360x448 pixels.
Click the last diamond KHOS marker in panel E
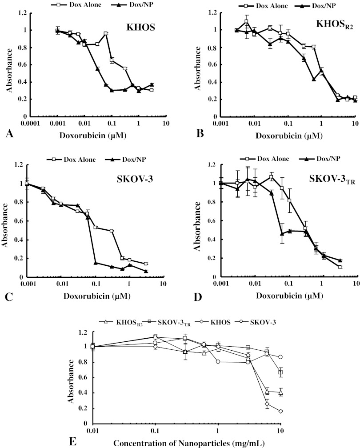pyautogui.click(x=280, y=411)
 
